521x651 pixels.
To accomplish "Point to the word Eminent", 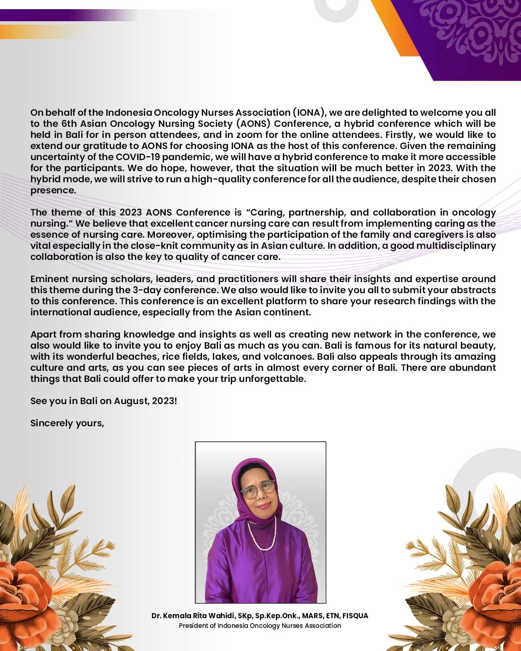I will (49, 279).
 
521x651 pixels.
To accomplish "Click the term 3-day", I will (147, 290).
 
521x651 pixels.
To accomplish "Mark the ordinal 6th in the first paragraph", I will (69, 124).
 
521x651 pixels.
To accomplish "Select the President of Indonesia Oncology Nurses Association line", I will (260, 626).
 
